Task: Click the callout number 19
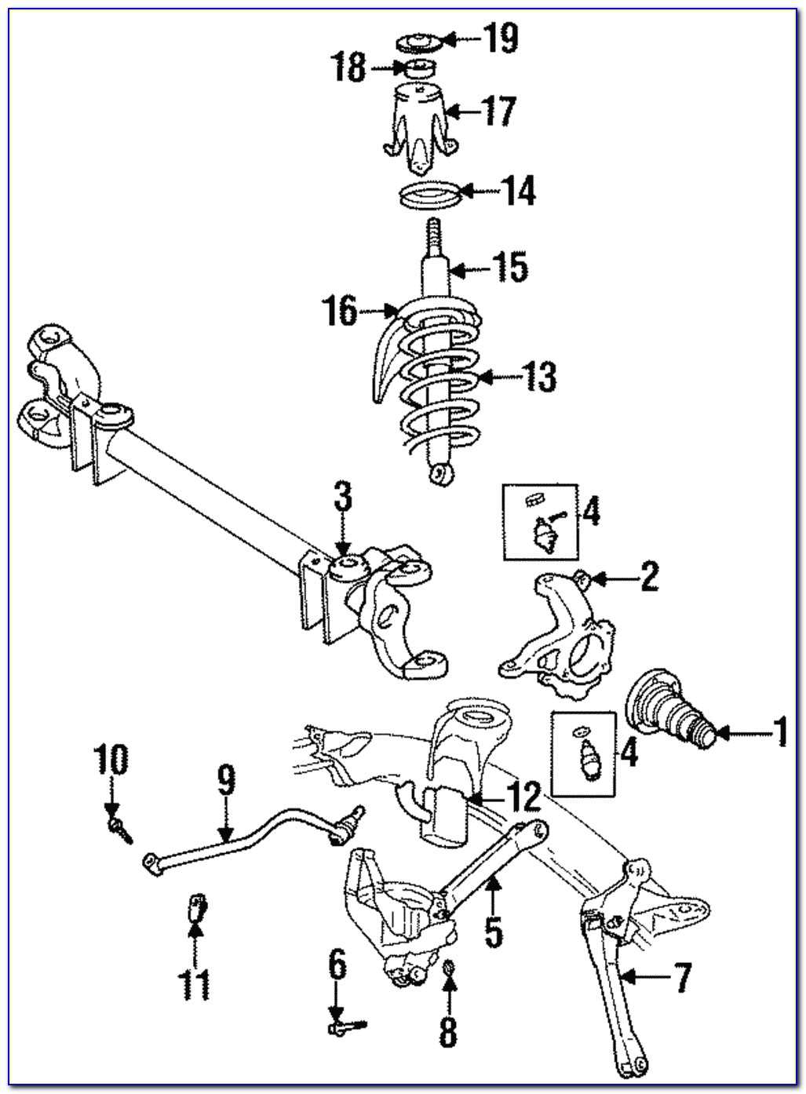click(500, 37)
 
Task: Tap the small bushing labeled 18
click(421, 68)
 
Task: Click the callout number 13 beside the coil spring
click(539, 377)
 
